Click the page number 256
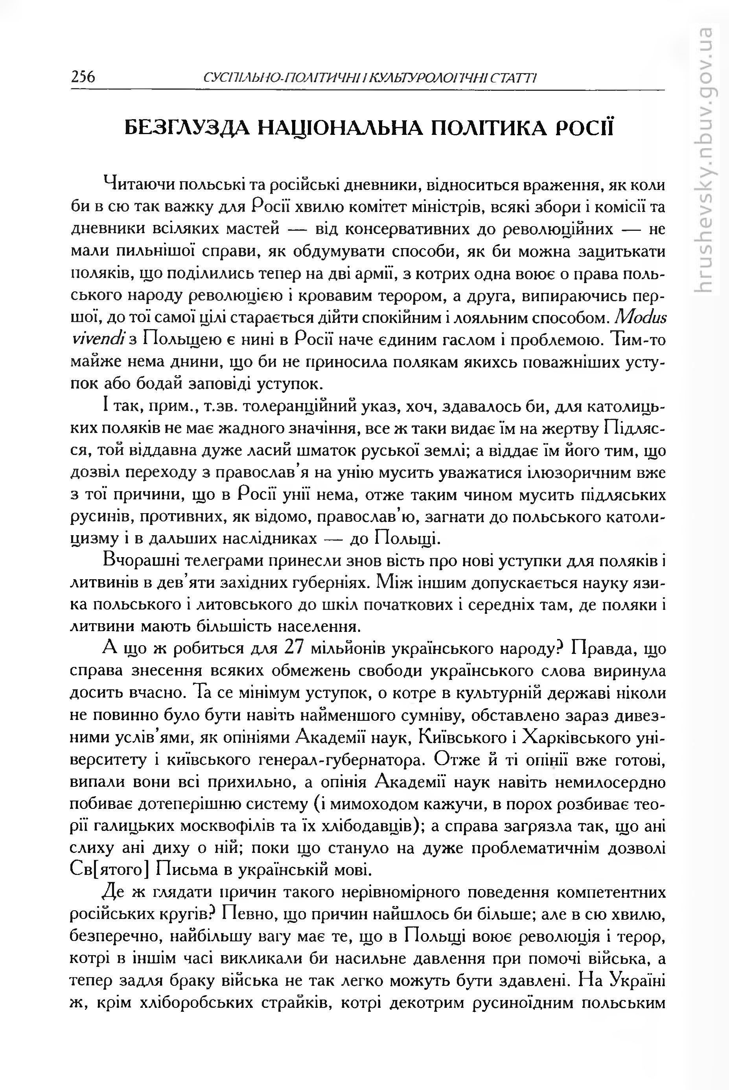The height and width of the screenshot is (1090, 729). point(83,76)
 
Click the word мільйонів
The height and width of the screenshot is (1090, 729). point(349,649)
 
